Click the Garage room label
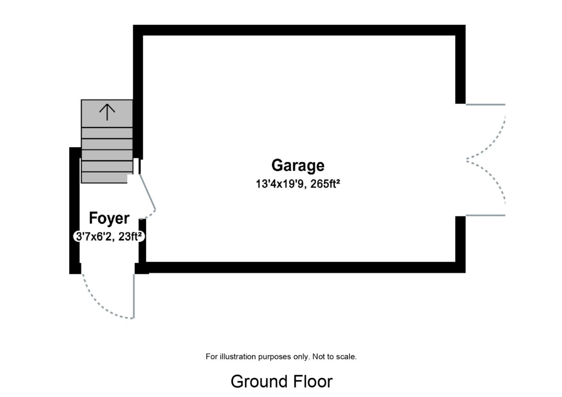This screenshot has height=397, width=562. pyautogui.click(x=298, y=165)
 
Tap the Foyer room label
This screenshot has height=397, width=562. pyautogui.click(x=109, y=218)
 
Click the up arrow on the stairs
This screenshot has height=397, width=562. pyautogui.click(x=107, y=112)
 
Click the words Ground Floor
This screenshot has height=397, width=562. pyautogui.click(x=281, y=381)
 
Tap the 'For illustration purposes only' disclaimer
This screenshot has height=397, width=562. pyautogui.click(x=281, y=356)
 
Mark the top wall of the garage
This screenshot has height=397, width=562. pyautogui.click(x=299, y=30)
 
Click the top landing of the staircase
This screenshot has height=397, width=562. pyautogui.click(x=107, y=113)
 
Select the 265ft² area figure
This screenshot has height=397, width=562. pyautogui.click(x=325, y=184)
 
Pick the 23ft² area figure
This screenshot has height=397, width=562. pyautogui.click(x=130, y=236)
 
